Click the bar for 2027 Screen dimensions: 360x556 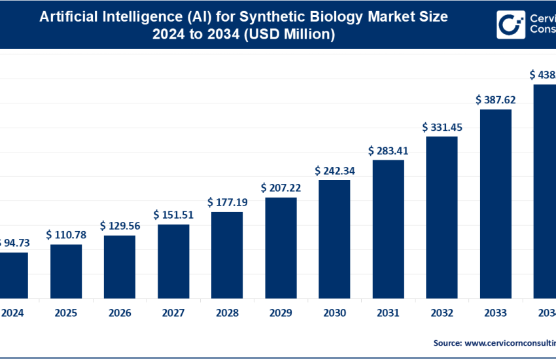(x=173, y=261)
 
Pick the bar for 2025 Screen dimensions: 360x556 (x=66, y=270)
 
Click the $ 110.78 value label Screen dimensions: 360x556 (x=66, y=234)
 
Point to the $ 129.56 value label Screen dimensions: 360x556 (x=120, y=225)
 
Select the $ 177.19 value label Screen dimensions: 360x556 (x=227, y=202)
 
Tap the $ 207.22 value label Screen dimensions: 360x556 (x=281, y=188)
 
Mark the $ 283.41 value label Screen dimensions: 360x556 (x=388, y=151)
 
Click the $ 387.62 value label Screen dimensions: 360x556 (x=496, y=100)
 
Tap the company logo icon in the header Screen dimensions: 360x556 (x=508, y=25)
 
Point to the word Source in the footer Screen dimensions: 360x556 (x=446, y=342)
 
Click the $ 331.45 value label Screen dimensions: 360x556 (x=442, y=127)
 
